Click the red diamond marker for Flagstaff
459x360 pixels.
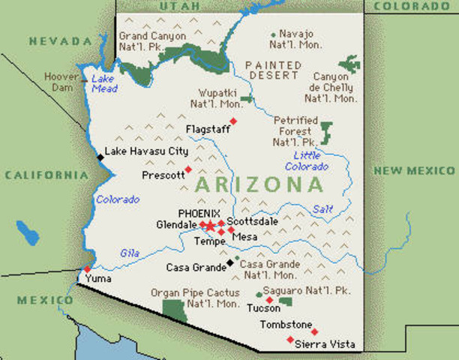point(233,121)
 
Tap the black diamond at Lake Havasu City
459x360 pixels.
point(100,157)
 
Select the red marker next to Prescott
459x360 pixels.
point(187,169)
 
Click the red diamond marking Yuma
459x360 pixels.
point(87,268)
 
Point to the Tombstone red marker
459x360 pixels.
point(314,331)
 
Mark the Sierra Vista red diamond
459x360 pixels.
point(290,340)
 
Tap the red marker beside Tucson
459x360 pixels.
point(269,300)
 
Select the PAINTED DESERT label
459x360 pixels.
point(273,70)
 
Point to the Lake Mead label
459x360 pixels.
point(104,83)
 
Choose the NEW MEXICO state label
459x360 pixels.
point(415,171)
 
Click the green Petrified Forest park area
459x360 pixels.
point(325,132)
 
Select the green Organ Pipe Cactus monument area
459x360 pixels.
point(174,310)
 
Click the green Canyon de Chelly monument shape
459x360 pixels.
point(349,62)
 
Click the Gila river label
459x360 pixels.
point(130,253)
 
